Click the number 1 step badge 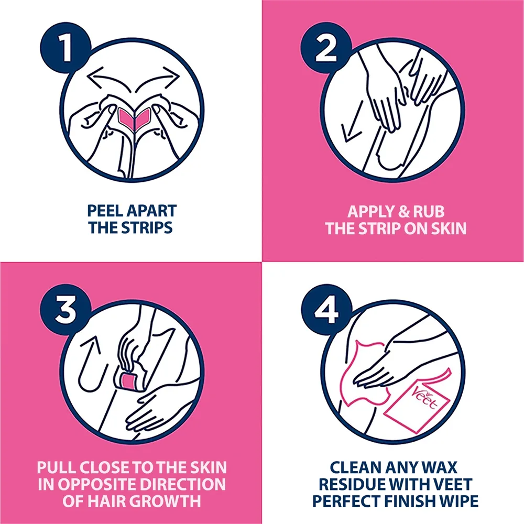pyautogui.click(x=65, y=48)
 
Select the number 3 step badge pyautogui.click(x=65, y=310)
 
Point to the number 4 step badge pyautogui.click(x=326, y=310)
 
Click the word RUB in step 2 pyautogui.click(x=429, y=212)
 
